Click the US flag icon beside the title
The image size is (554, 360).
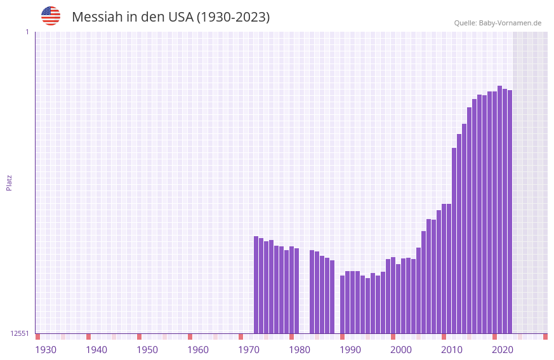coord(51,16)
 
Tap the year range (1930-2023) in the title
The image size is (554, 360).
coord(233,17)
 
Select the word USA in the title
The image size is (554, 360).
coord(180,17)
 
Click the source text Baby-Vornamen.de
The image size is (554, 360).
coord(510,23)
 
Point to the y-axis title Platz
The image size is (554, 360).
coord(9,182)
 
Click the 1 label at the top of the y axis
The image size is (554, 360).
coord(27,32)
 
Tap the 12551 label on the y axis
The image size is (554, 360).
coord(19,333)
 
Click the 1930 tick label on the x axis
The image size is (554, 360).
coord(46,350)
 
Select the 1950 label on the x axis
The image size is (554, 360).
coord(147,350)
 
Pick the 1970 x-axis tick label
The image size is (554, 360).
coord(249,350)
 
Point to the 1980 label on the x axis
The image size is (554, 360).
coord(300,350)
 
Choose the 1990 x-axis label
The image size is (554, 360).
coord(350,350)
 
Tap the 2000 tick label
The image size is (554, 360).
coord(401,350)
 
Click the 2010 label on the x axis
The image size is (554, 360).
coord(452,350)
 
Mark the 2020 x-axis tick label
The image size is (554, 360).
coord(503,350)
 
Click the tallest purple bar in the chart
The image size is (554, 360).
coord(499,210)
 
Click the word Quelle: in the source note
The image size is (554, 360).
coord(465,23)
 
